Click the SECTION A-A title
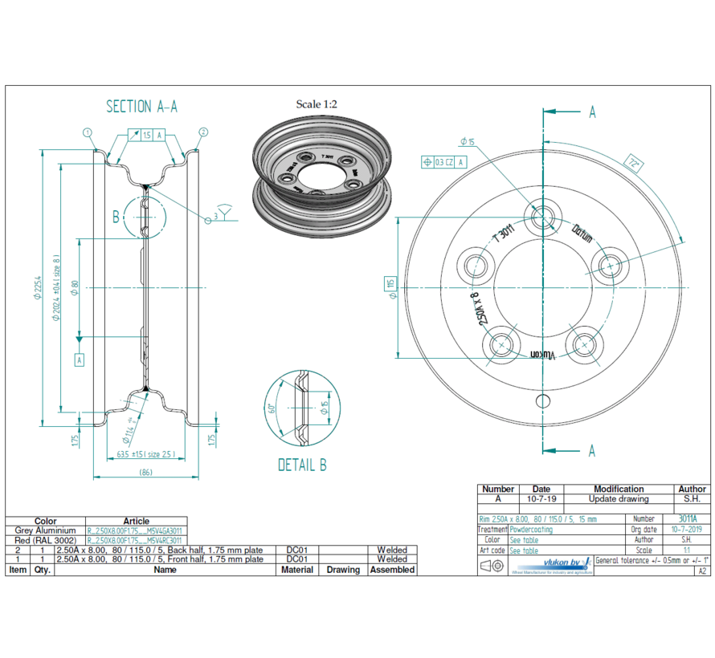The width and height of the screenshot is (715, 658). tap(141, 107)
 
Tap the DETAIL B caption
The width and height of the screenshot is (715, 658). tap(302, 465)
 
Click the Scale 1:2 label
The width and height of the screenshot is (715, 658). tap(317, 104)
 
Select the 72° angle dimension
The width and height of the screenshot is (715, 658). tap(635, 164)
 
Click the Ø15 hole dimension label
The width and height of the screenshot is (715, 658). tap(467, 142)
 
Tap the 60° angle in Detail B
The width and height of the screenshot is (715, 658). tap(272, 408)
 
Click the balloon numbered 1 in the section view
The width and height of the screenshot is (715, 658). tap(88, 132)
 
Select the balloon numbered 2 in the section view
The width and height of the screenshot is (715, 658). tap(203, 132)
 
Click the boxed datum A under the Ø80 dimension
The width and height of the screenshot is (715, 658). tap(80, 360)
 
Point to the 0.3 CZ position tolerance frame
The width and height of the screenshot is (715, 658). tap(443, 162)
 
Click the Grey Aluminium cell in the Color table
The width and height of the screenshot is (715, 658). tap(45, 530)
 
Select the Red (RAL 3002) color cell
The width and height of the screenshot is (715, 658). tap(45, 540)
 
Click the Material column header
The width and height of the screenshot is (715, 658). tap(298, 569)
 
